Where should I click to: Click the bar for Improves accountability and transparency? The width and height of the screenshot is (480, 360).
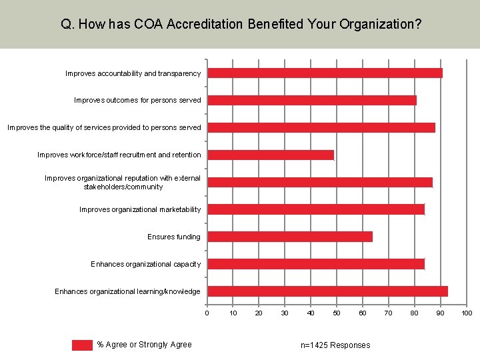tap(325, 73)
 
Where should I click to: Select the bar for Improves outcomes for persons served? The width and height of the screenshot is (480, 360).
tap(311, 101)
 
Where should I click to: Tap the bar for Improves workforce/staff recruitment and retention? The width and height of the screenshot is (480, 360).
tap(270, 155)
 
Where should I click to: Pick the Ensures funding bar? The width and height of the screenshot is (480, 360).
tap(289, 237)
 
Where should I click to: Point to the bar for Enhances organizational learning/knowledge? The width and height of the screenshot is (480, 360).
tap(327, 291)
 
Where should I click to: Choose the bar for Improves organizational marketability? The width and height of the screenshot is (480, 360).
tap(315, 209)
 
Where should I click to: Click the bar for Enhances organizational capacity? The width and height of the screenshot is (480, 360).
tap(315, 264)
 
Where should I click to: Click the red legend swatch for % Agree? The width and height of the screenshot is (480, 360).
tap(82, 345)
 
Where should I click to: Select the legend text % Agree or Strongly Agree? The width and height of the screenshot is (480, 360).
tap(144, 345)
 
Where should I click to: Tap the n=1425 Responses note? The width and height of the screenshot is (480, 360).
tap(335, 345)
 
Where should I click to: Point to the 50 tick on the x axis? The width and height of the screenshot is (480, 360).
tap(337, 313)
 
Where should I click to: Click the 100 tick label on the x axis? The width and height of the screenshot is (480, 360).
tap(467, 313)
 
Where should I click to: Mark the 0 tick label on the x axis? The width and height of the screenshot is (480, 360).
tap(207, 313)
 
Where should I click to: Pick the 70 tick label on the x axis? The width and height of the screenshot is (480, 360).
tap(389, 313)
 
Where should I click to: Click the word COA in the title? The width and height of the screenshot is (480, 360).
tap(149, 25)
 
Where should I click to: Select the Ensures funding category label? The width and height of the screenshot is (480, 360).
tap(174, 237)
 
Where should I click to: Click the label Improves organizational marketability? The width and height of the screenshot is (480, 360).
tap(140, 209)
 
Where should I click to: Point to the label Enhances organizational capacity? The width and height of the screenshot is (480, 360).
tap(145, 264)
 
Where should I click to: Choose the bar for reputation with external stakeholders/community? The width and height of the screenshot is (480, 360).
tap(319, 182)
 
